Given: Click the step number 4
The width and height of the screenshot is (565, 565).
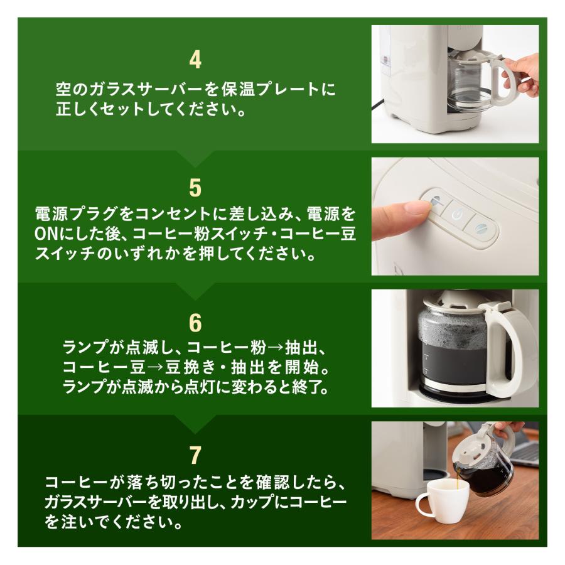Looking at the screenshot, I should pyautogui.click(x=195, y=60).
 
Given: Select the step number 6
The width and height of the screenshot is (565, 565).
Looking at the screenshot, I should pyautogui.click(x=195, y=321).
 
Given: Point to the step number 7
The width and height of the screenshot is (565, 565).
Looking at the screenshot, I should pyautogui.click(x=195, y=453).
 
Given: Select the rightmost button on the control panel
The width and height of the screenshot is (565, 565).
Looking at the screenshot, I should pyautogui.click(x=482, y=228).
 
